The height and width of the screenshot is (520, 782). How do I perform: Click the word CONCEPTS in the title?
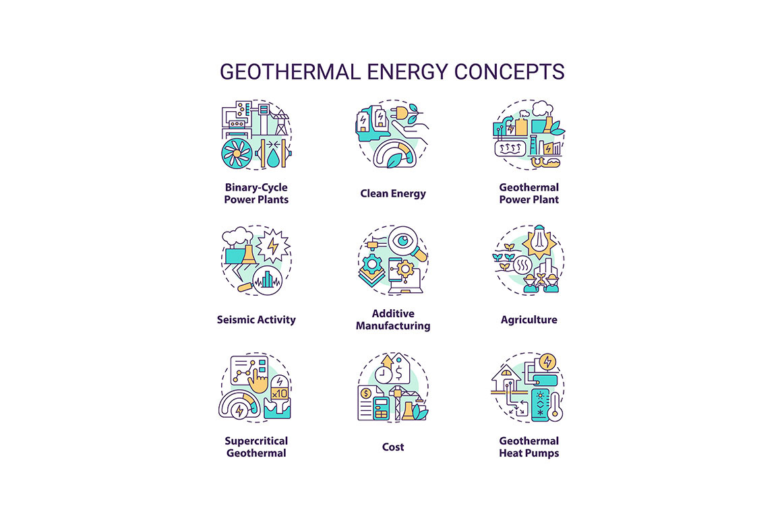coord(510,71)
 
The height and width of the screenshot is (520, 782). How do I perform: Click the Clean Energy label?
coord(393,193)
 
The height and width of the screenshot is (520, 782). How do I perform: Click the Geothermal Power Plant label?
coord(529,193)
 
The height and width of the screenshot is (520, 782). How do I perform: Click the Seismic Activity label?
coord(256,320)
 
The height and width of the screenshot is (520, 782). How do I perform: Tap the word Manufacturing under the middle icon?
coord(393,326)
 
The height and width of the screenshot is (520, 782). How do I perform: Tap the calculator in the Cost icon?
coord(383,409)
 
